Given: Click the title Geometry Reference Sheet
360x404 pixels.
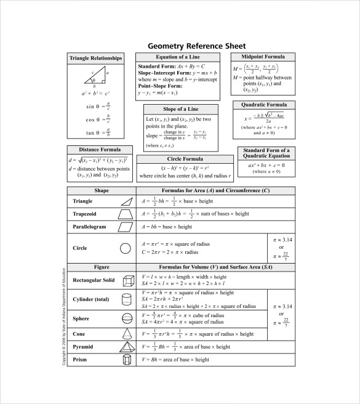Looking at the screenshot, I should point(196,46).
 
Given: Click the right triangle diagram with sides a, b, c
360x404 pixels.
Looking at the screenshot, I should point(95,77).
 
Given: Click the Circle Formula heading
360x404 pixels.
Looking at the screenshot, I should point(182,159).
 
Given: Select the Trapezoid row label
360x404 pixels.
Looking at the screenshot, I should point(86,214).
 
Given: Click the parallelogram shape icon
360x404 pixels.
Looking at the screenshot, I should point(126,227).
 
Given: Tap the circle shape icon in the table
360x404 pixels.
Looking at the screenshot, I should point(126,248).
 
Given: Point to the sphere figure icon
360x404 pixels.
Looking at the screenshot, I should point(127,319).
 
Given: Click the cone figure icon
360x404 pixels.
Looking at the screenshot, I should point(127,333).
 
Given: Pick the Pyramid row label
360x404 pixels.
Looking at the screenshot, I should point(84,347).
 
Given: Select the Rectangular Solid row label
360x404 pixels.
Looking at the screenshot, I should point(94,280).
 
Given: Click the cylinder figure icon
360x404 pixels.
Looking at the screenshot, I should point(127,299).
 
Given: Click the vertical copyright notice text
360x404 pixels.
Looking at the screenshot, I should point(64,316).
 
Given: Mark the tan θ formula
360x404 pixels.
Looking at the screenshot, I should point(98,132).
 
